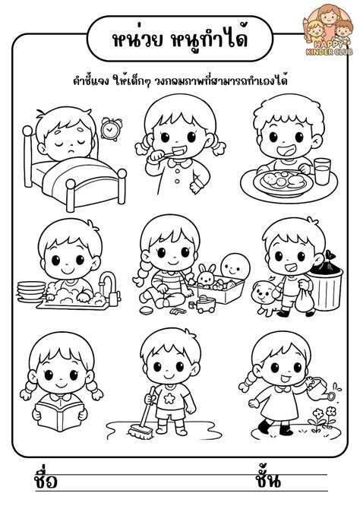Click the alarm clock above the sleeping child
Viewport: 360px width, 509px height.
point(110,130)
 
